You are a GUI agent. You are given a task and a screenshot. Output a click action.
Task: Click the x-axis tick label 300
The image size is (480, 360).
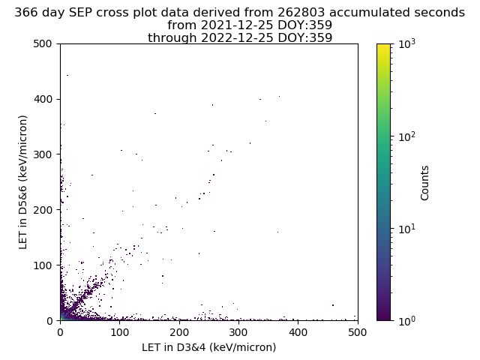point(238,332)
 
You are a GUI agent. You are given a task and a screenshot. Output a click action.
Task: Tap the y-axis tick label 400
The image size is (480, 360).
point(43,99)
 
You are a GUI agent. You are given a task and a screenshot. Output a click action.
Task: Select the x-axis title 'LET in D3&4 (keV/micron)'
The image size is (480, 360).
point(209,347)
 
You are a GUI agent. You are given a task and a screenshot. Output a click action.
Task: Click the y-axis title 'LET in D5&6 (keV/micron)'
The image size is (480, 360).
point(23,182)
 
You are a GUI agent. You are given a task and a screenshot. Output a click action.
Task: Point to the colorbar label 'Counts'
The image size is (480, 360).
point(424,183)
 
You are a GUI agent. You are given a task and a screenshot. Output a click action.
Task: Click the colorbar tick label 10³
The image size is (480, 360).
point(407,44)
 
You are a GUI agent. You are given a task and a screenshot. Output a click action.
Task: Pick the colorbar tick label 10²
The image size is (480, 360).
point(407,136)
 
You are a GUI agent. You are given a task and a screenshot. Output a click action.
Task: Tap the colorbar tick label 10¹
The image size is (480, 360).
point(407,229)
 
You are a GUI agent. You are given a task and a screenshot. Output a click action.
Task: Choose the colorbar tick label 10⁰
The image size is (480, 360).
point(407,321)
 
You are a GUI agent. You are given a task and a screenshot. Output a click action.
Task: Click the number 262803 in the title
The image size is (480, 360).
point(301,13)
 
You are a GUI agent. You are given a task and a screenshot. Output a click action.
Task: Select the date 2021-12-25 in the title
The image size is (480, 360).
point(236,25)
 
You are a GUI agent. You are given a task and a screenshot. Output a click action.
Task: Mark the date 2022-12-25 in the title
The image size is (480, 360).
point(236,37)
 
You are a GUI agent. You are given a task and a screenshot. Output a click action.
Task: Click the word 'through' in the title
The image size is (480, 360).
point(172,37)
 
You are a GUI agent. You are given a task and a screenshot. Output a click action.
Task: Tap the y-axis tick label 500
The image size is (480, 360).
point(43,43)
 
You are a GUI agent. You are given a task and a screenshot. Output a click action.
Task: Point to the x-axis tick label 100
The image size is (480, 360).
point(120,332)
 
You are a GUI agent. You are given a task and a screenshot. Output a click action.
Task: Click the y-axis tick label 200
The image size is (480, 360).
point(43,210)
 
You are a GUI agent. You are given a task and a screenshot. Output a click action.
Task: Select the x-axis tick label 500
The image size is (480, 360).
point(358,332)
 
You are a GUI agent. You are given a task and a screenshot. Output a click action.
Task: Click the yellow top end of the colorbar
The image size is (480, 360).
point(383,45)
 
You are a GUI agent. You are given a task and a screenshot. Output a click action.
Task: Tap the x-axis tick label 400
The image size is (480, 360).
point(298,332)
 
